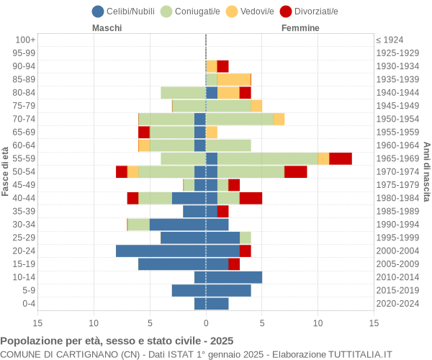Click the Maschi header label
pyautogui.click(x=107, y=28)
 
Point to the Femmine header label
pyautogui.click(x=300, y=28)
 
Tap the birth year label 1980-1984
pyautogui.click(x=398, y=198)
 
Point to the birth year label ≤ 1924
pyautogui.click(x=390, y=40)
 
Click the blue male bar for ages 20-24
pyautogui.click(x=161, y=251)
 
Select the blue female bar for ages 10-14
pyautogui.click(x=234, y=277)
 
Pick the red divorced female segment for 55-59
pyautogui.click(x=340, y=158)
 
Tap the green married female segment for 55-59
pyautogui.click(x=267, y=158)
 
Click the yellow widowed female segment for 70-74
pyautogui.click(x=279, y=119)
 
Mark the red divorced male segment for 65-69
pyautogui.click(x=144, y=132)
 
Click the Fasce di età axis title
pyautogui.click(x=6, y=171)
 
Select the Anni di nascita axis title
pyautogui.click(x=426, y=171)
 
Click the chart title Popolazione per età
pyautogui.click(x=117, y=341)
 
